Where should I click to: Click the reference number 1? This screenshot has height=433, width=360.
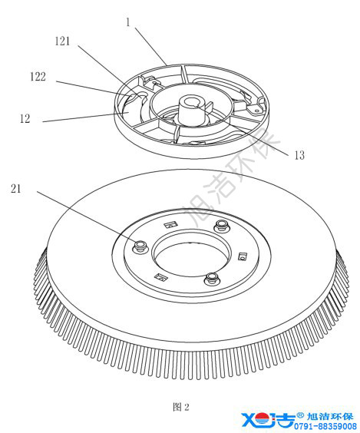point(128,22)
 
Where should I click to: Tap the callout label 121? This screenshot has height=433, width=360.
point(62,41)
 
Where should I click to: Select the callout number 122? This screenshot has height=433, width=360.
point(38,77)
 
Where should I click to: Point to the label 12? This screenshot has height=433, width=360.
point(25,119)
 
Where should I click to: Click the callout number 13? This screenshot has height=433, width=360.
point(299,155)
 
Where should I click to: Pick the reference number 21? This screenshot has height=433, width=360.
point(16,189)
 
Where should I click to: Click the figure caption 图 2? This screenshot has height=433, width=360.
point(181,407)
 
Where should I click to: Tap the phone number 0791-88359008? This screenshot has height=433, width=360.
point(325,426)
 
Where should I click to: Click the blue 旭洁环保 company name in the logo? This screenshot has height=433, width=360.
point(330,417)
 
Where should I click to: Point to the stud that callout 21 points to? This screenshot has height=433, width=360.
point(140,246)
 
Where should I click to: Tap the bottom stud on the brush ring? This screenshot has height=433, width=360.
point(212,279)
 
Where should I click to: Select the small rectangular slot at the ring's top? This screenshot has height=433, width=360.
point(170,224)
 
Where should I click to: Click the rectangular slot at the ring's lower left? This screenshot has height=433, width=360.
point(161,277)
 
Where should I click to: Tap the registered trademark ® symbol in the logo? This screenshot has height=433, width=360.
point(300,415)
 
